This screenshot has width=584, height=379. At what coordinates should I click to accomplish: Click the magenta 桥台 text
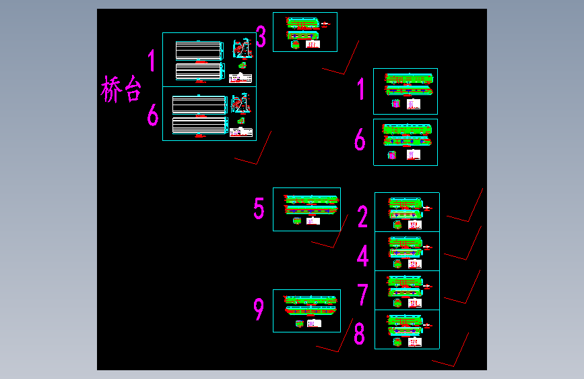pos(122,89)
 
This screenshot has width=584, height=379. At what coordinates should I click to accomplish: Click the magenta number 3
pos(261,37)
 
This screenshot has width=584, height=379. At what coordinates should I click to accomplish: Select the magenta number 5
pos(259,208)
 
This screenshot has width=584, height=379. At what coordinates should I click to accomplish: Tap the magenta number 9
pos(259,310)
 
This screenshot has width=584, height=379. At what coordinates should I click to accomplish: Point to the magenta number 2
pos(362,217)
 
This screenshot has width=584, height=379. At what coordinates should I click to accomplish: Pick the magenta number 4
pos(362,256)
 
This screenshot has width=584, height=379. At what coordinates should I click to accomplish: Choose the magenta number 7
pos(362,295)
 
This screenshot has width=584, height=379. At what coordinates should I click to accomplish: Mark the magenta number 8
pos(360,334)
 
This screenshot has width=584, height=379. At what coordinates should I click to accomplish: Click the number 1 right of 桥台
pos(152,61)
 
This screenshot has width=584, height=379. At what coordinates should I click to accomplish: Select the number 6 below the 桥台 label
pos(153,115)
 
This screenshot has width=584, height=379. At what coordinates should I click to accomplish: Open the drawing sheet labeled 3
pos(304,32)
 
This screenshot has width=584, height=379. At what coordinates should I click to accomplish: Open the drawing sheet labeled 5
pos(306,209)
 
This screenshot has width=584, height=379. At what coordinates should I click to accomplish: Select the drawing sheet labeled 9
pos(306,311)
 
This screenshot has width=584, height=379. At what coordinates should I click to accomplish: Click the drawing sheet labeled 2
pos(407,212)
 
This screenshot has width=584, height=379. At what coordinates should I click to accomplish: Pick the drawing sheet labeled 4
pos(407,252)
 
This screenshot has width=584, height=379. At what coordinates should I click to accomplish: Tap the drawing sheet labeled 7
pos(407,291)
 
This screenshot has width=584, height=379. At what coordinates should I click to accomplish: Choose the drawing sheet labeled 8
pos(407,330)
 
